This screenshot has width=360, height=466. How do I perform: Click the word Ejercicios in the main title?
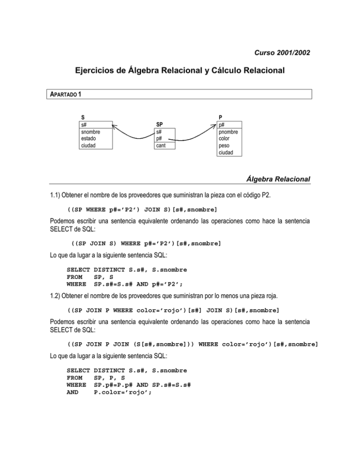pyautogui.click(x=97, y=71)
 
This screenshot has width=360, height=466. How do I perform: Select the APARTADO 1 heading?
pyautogui.click(x=66, y=94)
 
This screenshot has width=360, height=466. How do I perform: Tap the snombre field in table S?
pyautogui.click(x=90, y=132)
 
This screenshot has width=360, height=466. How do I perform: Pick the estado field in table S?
pyautogui.click(x=89, y=139)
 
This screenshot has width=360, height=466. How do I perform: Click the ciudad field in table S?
pyautogui.click(x=89, y=145)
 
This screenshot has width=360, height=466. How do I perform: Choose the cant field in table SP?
pyautogui.click(x=161, y=146)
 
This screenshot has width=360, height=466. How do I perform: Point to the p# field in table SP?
pyautogui.click(x=159, y=139)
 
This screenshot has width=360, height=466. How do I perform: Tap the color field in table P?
pyautogui.click(x=225, y=139)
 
